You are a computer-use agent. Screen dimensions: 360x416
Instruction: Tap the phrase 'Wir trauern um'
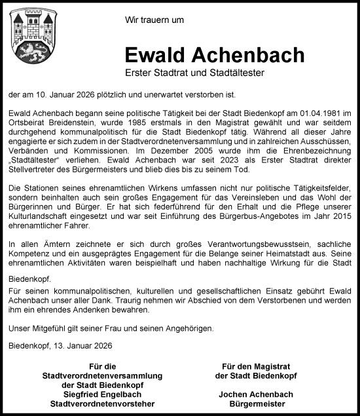[154, 20]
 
